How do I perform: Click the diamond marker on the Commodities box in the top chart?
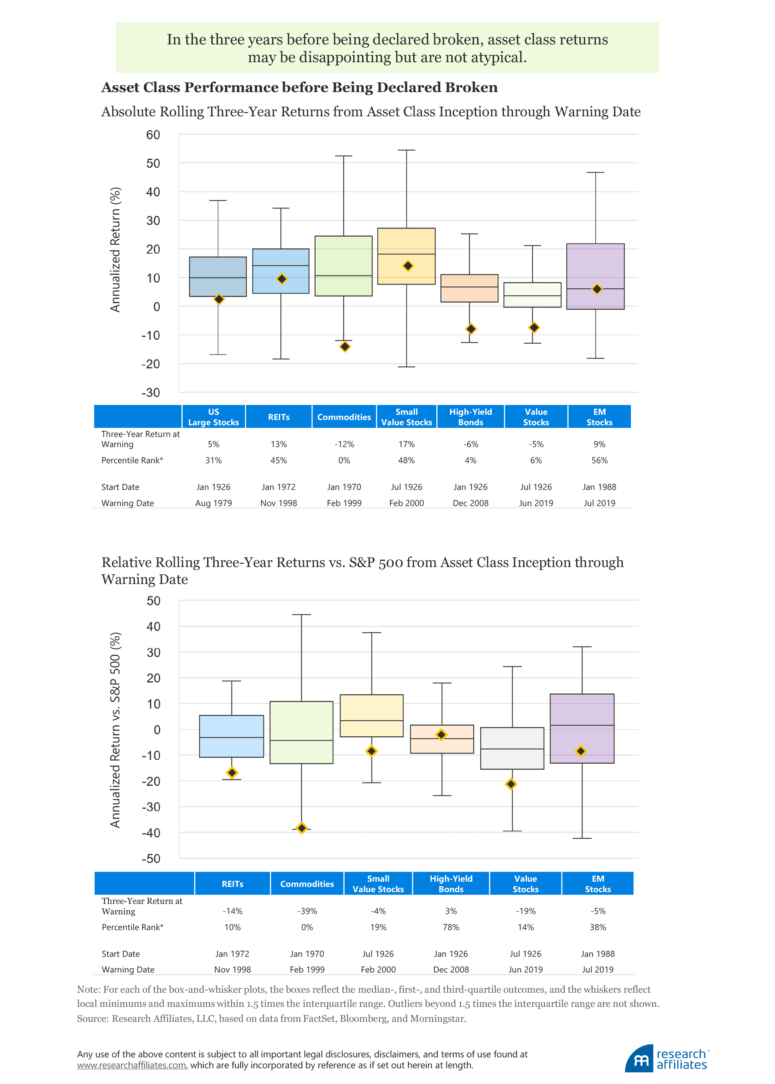coord(345,346)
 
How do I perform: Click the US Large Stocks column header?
coord(213,417)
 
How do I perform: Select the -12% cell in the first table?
coord(344,444)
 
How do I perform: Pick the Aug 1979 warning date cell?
coord(213,503)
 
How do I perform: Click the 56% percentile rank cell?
coord(599,460)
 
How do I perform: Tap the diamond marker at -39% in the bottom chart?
coord(302,828)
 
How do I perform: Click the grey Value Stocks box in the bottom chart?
coord(512,748)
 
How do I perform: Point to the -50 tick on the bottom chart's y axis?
coord(151,859)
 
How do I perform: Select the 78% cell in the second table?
coord(451,927)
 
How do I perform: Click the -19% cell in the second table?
coord(526,911)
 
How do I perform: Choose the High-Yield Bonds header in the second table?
coord(451,883)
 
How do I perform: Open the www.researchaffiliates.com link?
coord(132,1065)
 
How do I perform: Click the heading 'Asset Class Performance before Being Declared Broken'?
coord(299,87)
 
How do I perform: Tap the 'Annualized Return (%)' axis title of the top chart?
coord(115,249)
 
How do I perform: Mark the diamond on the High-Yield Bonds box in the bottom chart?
coord(442,734)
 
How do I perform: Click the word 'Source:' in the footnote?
coord(93,1019)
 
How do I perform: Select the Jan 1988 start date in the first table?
coord(599,487)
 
